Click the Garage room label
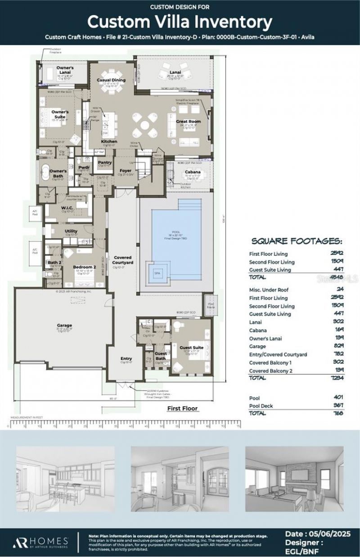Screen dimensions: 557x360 [64, 325]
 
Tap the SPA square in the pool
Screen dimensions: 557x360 [157, 273]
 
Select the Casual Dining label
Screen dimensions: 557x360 [111, 80]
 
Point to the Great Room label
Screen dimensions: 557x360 [188, 121]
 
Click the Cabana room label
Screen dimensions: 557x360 [192, 172]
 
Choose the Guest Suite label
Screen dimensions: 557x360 [192, 348]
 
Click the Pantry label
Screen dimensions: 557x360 [104, 162]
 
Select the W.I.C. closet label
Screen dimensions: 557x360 [67, 208]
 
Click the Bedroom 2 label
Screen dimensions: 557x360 [85, 267]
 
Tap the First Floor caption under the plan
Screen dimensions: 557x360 [182, 408]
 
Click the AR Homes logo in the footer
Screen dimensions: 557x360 [40, 541]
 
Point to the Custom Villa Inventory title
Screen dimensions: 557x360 [180, 21]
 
